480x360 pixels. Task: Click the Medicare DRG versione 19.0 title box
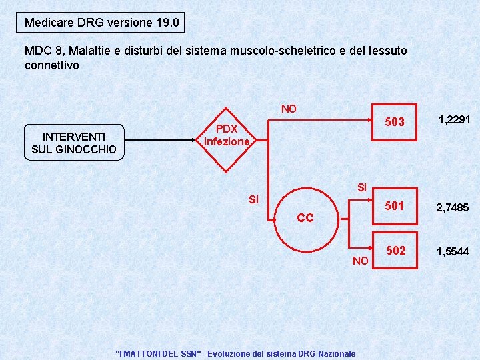[101, 23]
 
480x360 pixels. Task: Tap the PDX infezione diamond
[227, 135]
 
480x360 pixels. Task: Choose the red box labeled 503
[395, 121]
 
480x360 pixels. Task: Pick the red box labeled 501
[395, 206]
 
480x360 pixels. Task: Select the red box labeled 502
[395, 251]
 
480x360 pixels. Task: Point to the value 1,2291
[454, 119]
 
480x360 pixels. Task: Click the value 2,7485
[453, 208]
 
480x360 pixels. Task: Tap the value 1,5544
[453, 251]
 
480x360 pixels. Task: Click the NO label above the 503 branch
[289, 109]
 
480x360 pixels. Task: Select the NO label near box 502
[360, 261]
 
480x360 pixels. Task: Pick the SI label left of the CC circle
[254, 199]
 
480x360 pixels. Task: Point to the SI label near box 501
[362, 187]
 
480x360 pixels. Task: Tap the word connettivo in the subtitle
[51, 65]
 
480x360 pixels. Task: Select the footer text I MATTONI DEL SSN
[158, 353]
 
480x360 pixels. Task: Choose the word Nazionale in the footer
[337, 353]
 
